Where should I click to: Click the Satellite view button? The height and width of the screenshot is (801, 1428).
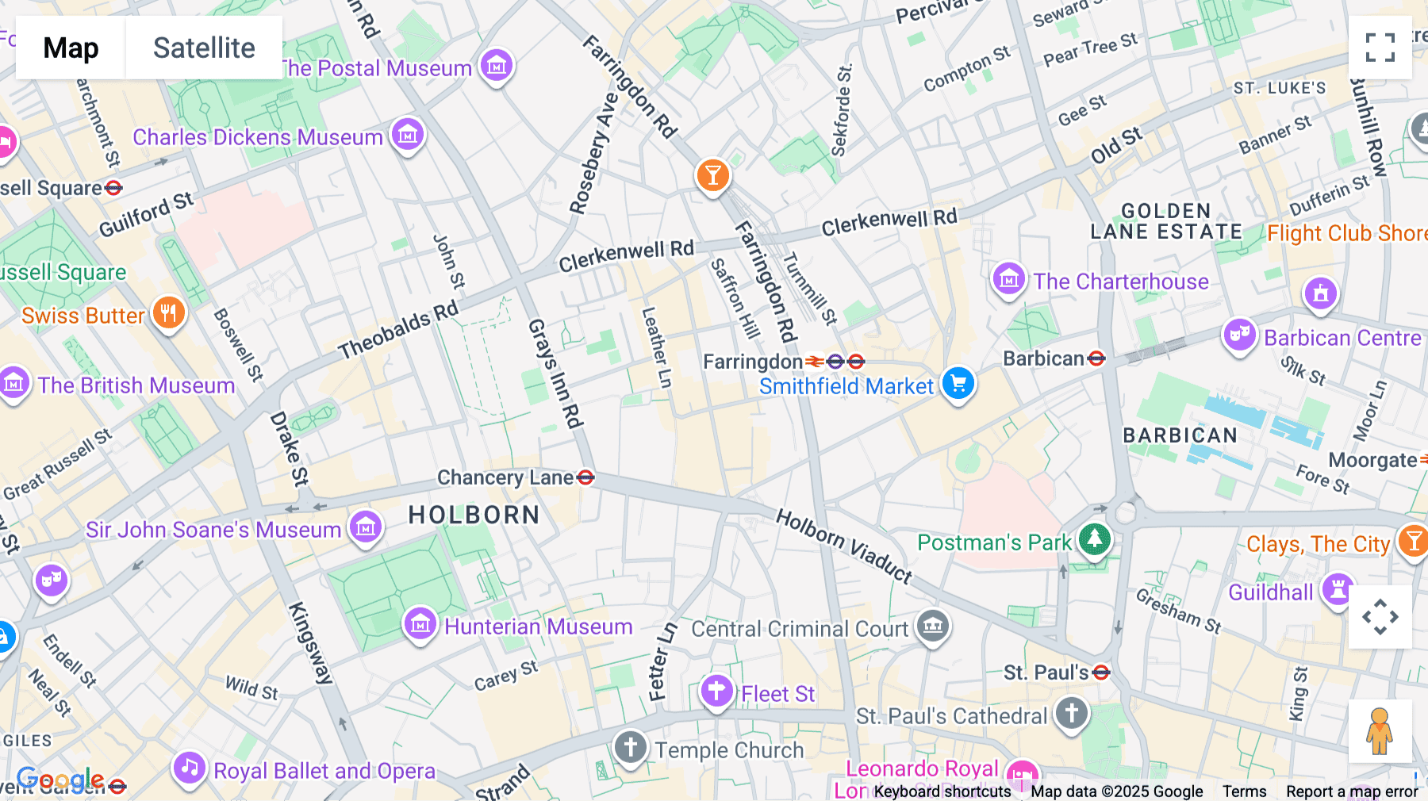[x=204, y=48]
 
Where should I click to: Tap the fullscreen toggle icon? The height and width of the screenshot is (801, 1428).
[x=1380, y=48]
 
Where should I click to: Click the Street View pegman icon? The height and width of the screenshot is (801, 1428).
[x=1380, y=730]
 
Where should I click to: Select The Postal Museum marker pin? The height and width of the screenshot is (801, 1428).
[x=497, y=66]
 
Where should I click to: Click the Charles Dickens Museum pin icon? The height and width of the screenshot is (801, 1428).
[x=408, y=135]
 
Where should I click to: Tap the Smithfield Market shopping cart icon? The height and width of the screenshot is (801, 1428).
[x=958, y=384]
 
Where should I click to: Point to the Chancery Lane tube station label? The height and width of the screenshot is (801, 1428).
[x=505, y=477]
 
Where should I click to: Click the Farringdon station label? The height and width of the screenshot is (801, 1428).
[x=752, y=362]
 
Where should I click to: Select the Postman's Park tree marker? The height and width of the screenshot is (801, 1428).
[x=1094, y=540]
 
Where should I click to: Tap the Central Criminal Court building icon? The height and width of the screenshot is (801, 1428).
[x=933, y=627]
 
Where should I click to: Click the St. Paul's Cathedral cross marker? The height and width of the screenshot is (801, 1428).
[x=1072, y=713]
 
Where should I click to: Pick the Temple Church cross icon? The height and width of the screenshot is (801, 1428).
[x=631, y=746]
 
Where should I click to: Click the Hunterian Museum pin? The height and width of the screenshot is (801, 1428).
[x=420, y=625]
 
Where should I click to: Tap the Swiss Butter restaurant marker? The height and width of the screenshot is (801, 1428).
[x=168, y=313]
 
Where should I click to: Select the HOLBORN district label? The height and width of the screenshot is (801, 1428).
[x=474, y=515]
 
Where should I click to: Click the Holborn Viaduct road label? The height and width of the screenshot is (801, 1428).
[x=844, y=546]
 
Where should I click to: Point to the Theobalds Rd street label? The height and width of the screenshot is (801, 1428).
[x=398, y=330]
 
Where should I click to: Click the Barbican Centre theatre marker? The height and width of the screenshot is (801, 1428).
[x=1239, y=335]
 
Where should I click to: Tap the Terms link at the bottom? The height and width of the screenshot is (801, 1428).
[x=1244, y=791]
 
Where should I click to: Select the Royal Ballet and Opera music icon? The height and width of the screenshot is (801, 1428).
[x=190, y=768]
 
